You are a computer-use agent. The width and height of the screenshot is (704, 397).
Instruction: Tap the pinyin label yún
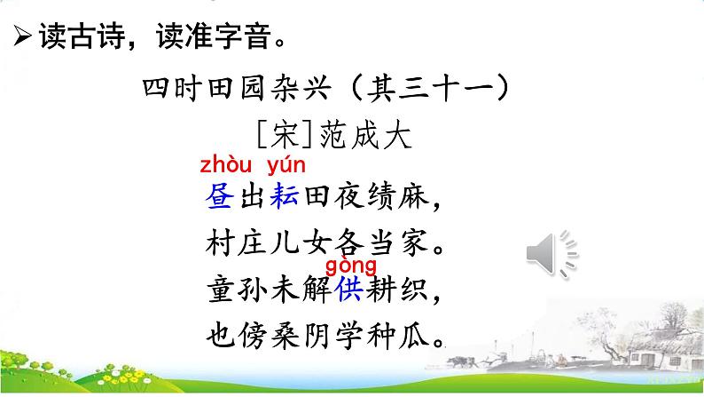coord(285,164)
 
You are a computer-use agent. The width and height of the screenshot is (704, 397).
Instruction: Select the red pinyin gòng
coord(351,266)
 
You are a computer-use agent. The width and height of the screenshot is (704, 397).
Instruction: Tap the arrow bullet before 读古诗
coord(20,38)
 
